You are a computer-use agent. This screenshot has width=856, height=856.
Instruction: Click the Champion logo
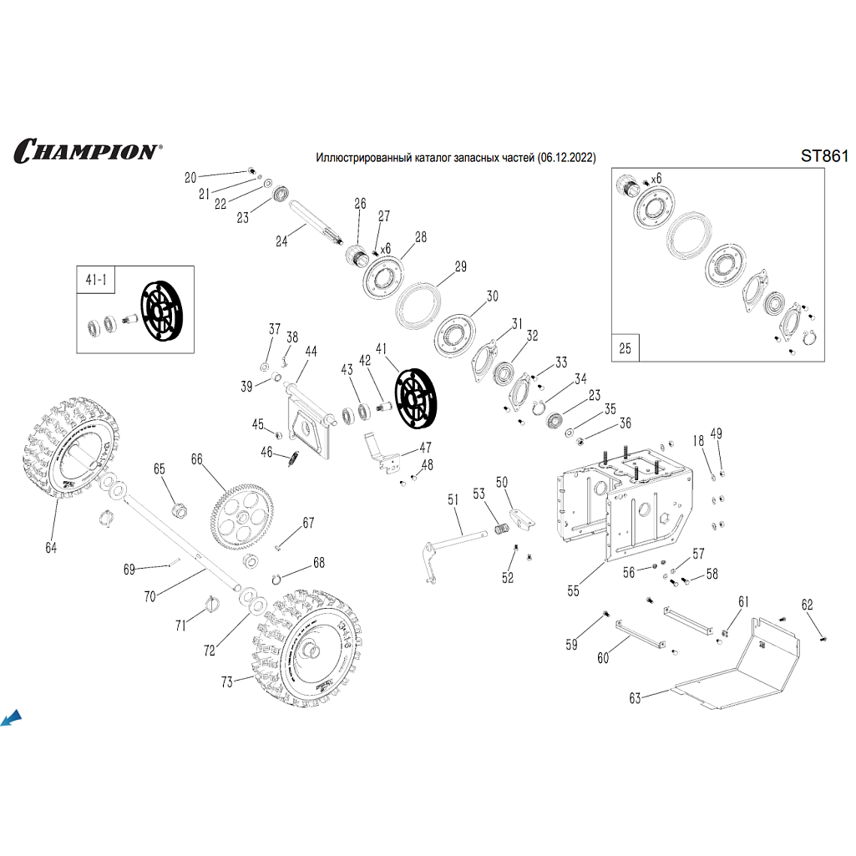point(86,151)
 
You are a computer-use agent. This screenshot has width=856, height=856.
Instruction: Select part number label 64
point(52,548)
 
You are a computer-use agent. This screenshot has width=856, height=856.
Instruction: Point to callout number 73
point(226,682)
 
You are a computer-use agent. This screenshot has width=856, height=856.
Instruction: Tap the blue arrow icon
point(12,717)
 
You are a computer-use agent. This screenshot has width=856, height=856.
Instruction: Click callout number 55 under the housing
point(573,590)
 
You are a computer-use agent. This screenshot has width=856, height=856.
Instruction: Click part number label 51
point(453,500)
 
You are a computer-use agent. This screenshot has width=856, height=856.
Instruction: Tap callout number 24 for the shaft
point(281,241)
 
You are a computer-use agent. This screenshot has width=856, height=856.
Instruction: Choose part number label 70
point(150,596)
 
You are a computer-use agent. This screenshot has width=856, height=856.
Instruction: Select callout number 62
point(807,605)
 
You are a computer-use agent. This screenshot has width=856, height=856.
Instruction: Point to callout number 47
point(425,447)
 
